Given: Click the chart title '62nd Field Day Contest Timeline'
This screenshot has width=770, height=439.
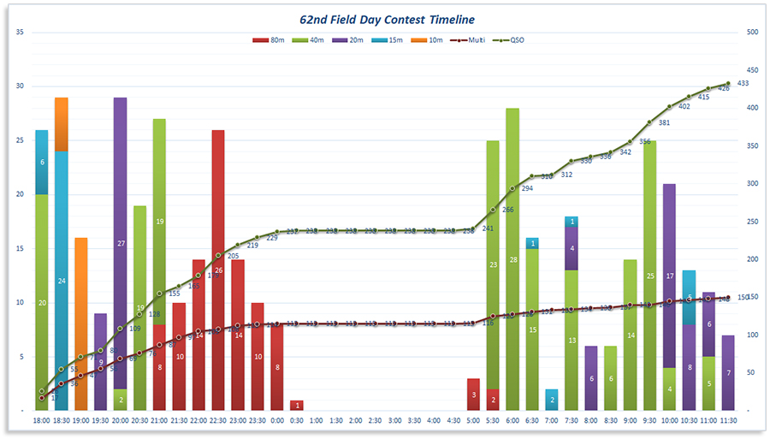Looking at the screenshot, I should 385,19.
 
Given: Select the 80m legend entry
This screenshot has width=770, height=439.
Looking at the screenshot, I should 271,40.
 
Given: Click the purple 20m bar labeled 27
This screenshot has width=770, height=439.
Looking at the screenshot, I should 121,244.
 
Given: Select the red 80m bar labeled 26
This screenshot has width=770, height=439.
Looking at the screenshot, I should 218,270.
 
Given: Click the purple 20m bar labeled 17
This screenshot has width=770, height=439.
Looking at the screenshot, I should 669,276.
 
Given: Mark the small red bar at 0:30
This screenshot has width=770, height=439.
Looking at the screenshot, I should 296,406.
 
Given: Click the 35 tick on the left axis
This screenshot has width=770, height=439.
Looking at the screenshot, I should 21,33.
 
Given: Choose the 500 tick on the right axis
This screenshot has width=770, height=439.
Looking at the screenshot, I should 753,33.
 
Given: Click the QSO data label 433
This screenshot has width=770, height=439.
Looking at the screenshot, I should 743,83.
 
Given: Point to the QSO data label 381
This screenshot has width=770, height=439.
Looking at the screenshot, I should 664,122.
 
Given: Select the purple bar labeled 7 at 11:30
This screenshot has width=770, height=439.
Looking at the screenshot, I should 728,373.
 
